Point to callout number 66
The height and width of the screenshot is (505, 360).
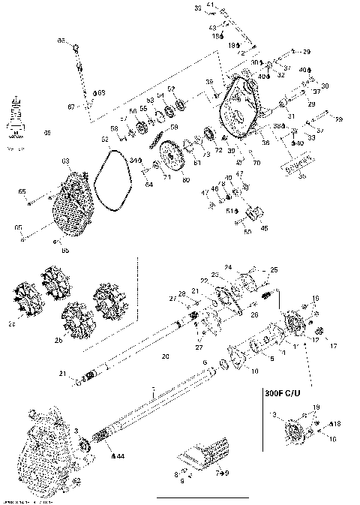pyautogui.click(x=62, y=40)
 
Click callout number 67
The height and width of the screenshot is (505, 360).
pyautogui.click(x=71, y=107)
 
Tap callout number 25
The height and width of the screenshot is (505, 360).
pyautogui.click(x=274, y=269)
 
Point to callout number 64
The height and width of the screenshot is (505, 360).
pyautogui.click(x=148, y=183)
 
